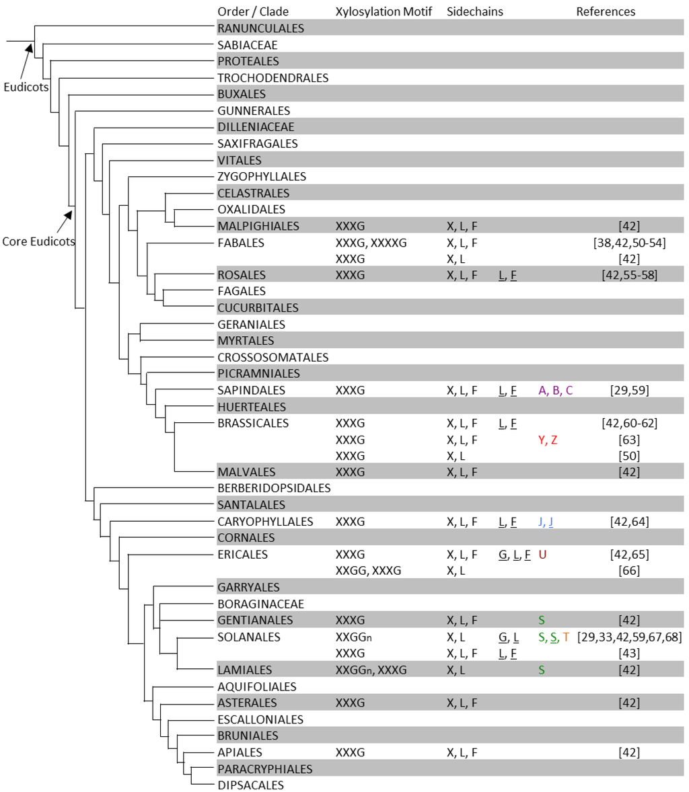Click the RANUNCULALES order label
[260, 28]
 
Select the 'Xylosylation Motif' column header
[384, 11]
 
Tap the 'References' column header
[606, 11]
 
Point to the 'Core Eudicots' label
[38, 241]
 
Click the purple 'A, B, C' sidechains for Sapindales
[556, 391]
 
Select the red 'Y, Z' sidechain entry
[548, 440]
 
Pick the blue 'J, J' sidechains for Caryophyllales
[546, 522]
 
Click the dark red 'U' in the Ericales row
[542, 555]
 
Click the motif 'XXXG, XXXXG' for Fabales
[371, 242]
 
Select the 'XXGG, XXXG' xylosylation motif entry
[368, 571]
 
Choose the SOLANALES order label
[249, 637]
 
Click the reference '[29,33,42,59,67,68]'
[629, 637]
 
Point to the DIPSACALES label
[250, 785]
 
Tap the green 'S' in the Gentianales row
[542, 620]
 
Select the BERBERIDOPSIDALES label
[274, 488]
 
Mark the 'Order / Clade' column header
[253, 11]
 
